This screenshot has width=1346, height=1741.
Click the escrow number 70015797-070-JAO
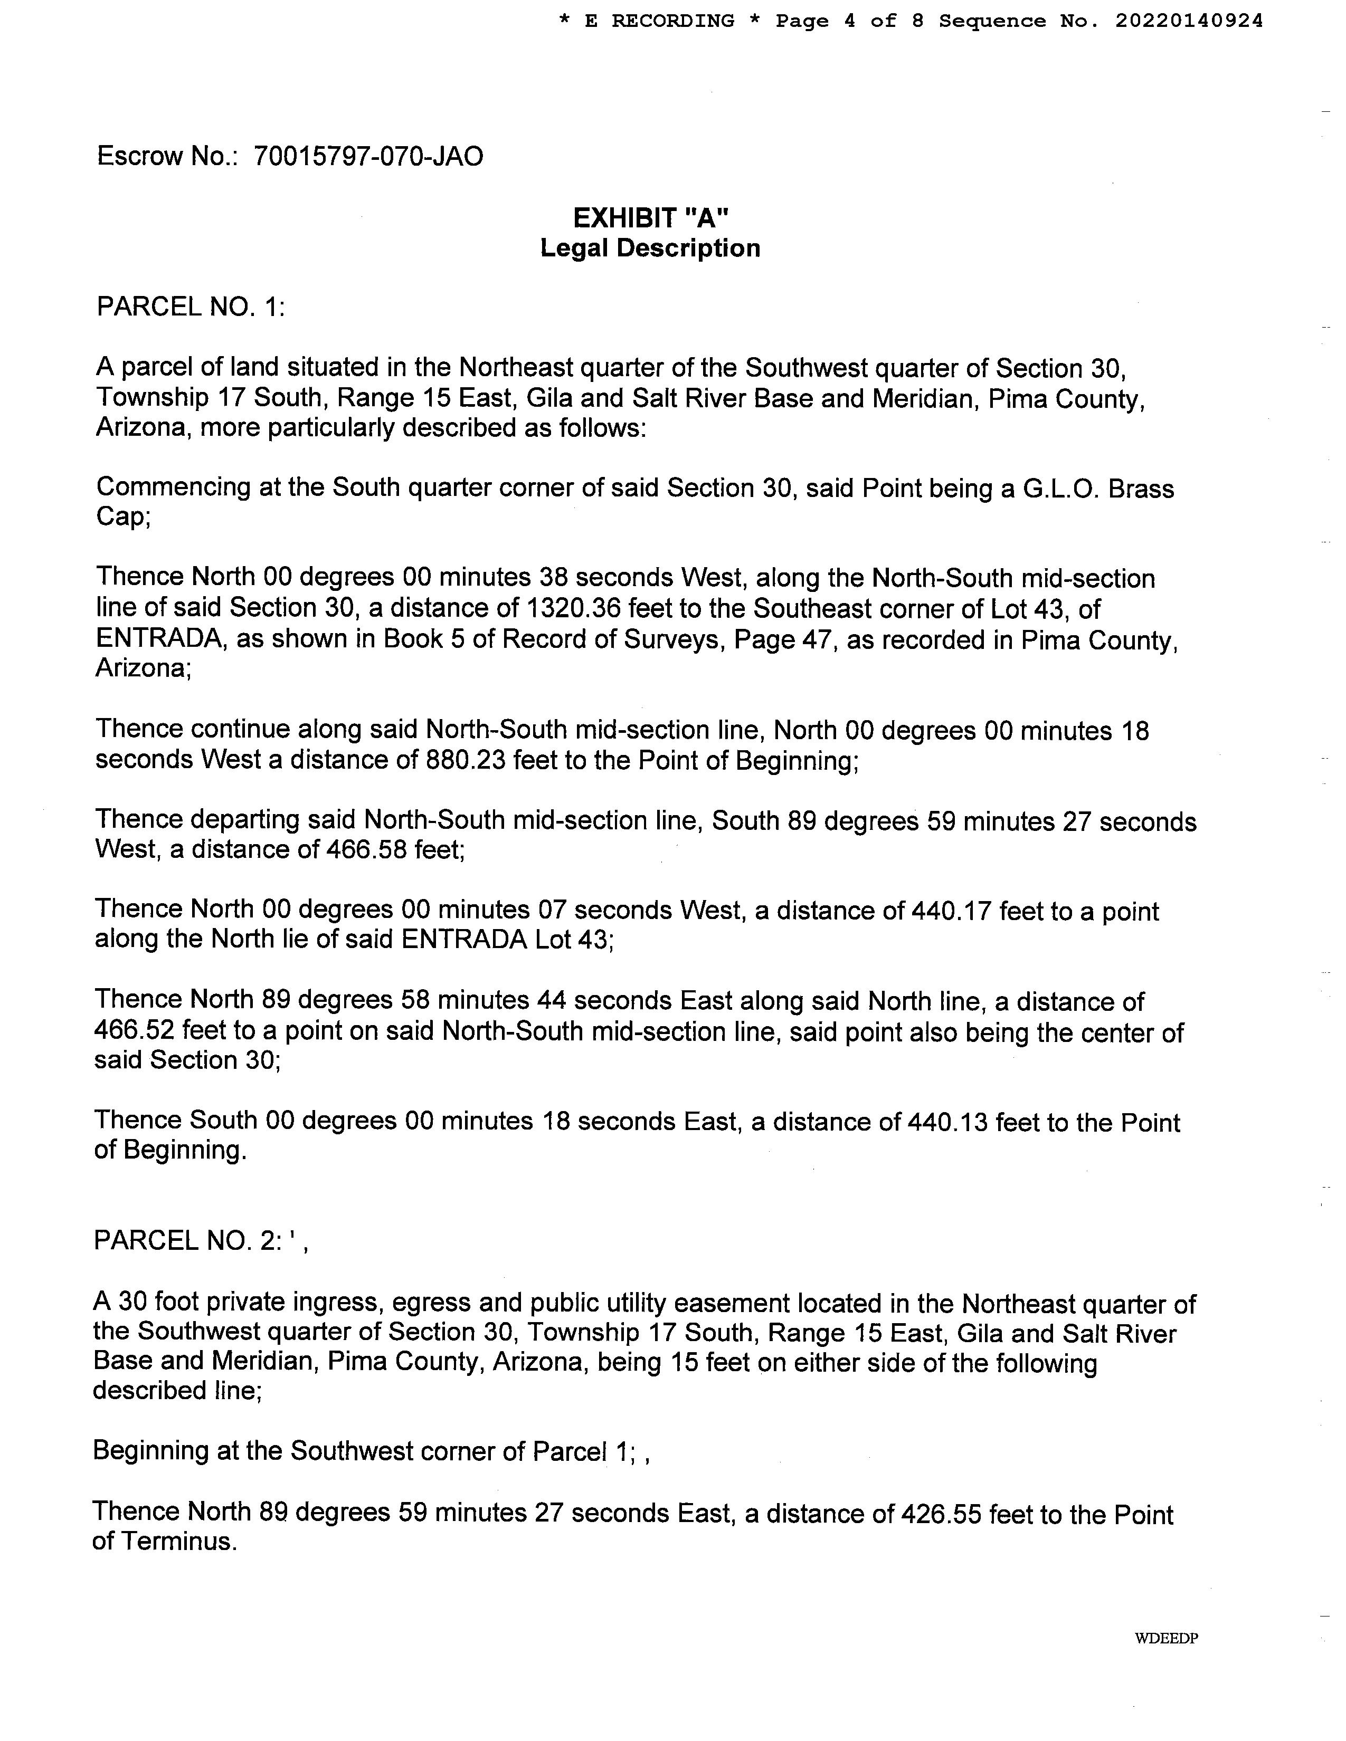(x=368, y=156)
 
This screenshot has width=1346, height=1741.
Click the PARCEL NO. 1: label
(x=191, y=307)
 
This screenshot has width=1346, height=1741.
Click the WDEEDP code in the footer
(x=1167, y=1638)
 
